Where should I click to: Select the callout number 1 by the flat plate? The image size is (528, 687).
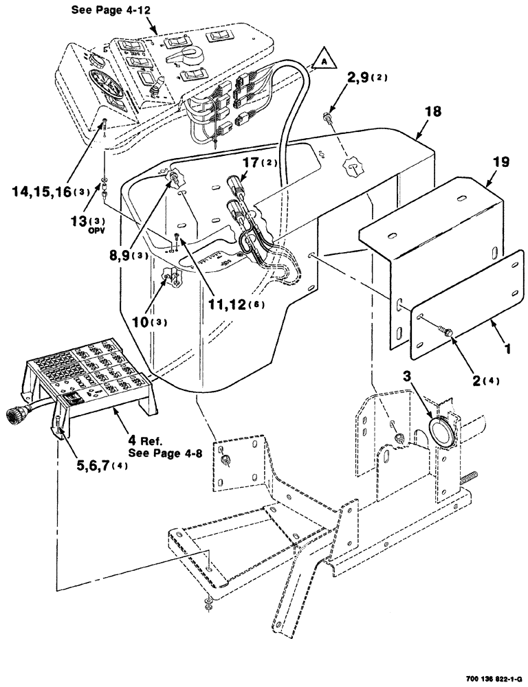point(507,350)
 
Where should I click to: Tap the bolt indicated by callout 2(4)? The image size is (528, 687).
point(448,333)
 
